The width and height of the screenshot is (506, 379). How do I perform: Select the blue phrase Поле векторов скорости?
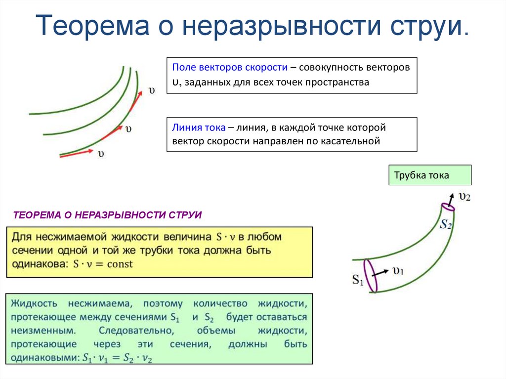[x=230, y=68]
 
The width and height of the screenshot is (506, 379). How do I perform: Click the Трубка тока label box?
[x=429, y=175]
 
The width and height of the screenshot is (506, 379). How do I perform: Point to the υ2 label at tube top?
[x=464, y=196]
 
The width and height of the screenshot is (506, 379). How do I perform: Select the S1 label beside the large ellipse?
[x=358, y=281]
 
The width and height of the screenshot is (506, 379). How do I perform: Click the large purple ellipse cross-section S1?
[x=371, y=276]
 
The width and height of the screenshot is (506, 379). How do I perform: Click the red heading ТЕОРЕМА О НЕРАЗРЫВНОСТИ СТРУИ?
[x=107, y=215]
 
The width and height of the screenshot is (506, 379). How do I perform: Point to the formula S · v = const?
[x=103, y=264]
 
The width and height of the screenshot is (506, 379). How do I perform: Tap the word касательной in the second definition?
[x=352, y=141]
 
